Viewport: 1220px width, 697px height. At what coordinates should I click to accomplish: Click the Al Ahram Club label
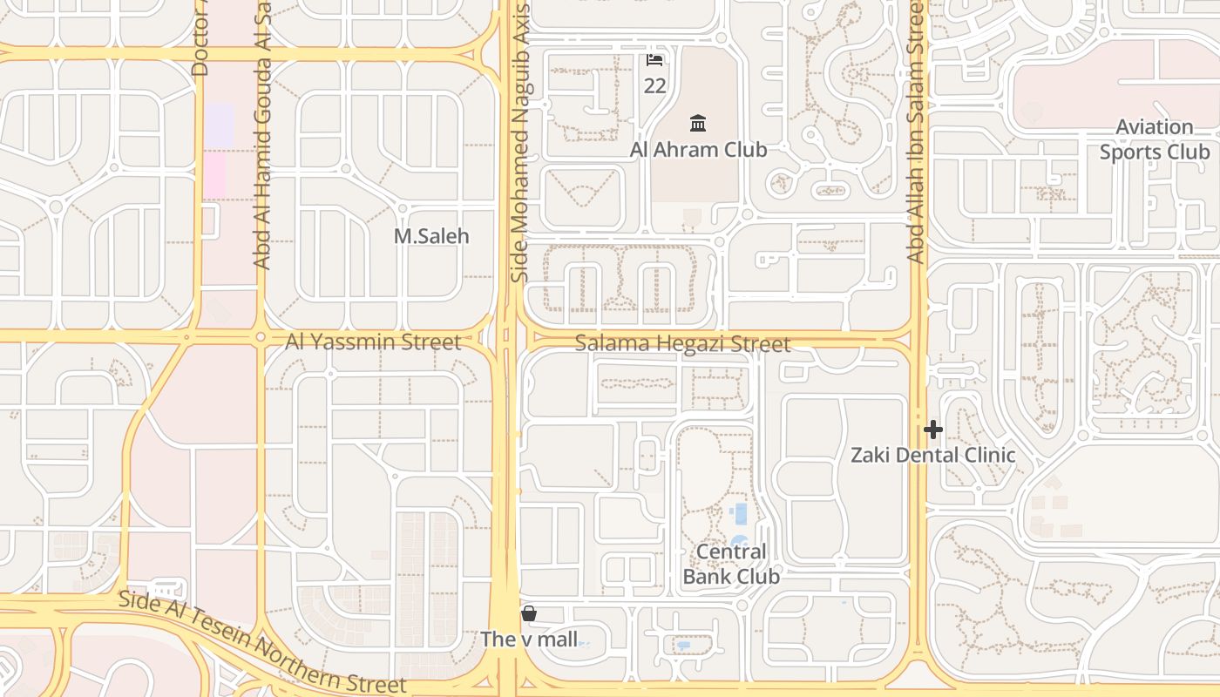(698, 150)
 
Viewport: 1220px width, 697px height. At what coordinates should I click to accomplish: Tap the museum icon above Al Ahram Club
(697, 122)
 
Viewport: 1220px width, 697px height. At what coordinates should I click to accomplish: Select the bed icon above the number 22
(654, 60)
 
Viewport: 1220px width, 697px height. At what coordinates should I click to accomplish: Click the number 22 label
(654, 85)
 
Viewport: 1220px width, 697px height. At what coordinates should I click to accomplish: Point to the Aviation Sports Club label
(1155, 139)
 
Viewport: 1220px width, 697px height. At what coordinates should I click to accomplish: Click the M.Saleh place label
(431, 236)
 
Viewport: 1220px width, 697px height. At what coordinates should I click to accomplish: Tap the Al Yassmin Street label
(373, 342)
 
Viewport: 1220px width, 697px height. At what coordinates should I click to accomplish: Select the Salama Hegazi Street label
(682, 344)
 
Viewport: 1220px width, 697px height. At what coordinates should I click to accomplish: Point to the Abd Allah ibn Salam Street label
(915, 131)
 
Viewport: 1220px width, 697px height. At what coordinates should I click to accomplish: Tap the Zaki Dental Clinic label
(932, 455)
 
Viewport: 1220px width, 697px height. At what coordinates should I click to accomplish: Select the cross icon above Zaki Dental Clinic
(933, 430)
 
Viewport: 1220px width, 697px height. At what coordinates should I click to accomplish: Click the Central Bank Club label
(731, 564)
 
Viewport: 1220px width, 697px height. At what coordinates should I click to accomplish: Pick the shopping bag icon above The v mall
(528, 614)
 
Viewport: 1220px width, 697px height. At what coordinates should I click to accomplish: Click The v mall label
(529, 639)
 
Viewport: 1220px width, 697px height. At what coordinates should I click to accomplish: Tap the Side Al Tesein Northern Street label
(261, 644)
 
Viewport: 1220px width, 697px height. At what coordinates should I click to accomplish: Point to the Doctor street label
(200, 39)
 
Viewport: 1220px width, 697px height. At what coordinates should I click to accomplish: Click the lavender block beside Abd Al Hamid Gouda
(220, 125)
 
